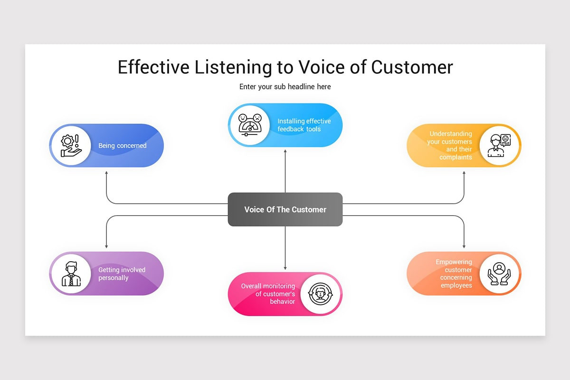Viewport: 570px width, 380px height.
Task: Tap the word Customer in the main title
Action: [412, 67]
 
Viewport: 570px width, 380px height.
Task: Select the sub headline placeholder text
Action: [285, 87]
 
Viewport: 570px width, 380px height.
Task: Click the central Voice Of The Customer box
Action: [285, 209]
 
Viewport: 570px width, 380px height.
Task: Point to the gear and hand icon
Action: [71, 146]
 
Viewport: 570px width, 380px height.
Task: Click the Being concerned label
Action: [123, 146]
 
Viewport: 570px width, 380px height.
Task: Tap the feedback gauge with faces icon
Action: [250, 125]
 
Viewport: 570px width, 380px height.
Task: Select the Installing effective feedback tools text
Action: [304, 125]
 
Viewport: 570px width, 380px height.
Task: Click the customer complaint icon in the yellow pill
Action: [499, 146]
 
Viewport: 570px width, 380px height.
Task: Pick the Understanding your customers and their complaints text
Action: [450, 145]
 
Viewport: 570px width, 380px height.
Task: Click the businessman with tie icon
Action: [71, 274]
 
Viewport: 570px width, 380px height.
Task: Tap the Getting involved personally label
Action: [122, 274]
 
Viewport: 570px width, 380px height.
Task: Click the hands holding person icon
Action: [499, 274]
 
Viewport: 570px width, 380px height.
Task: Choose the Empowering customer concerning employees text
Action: [454, 274]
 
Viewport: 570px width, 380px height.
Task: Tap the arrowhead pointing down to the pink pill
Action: [285, 268]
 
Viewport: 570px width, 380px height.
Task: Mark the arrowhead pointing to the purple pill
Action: [106, 247]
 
